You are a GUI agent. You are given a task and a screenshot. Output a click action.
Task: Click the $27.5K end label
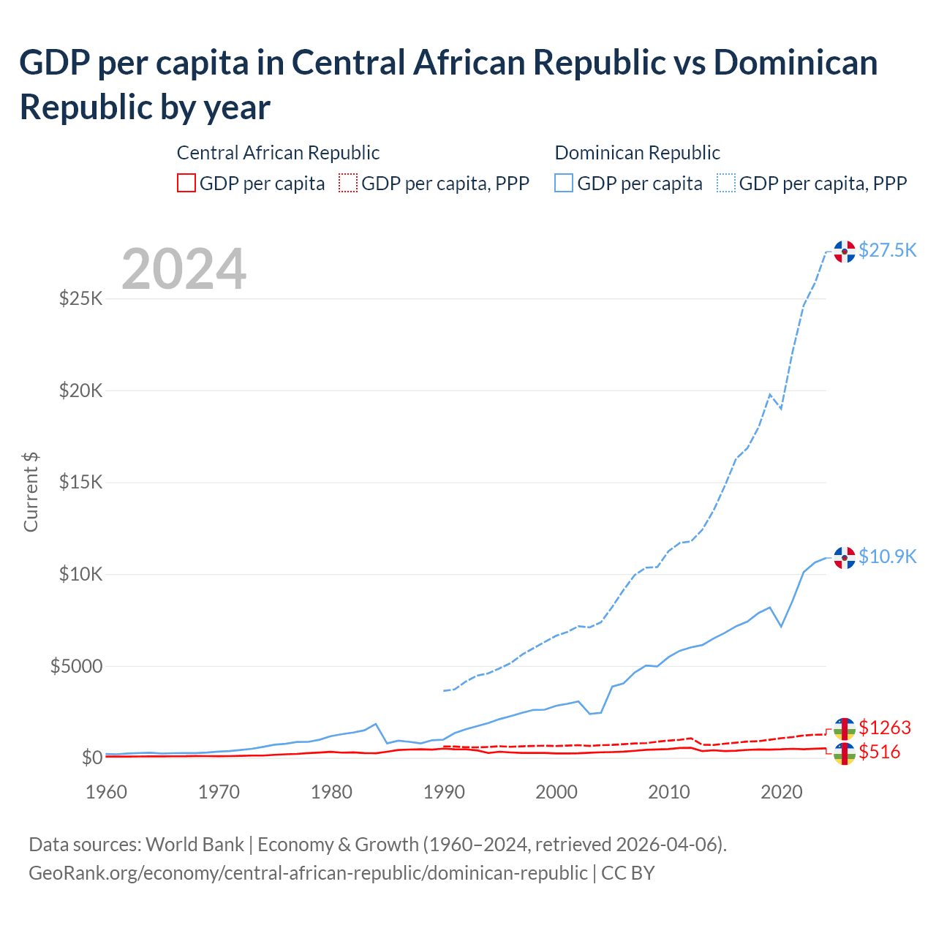pos(887,251)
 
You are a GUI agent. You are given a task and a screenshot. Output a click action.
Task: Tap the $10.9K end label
pos(887,557)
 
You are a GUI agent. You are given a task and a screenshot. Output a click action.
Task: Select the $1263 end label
pos(885,728)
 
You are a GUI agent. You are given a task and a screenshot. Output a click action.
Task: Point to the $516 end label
pos(880,752)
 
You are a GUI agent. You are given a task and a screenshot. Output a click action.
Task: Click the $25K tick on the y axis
pos(80,299)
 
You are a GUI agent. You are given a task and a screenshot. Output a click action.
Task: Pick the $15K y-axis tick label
pos(80,483)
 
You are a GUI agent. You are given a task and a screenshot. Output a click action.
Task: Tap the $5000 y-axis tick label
pos(76,667)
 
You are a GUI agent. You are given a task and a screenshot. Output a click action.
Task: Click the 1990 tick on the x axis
pos(444,792)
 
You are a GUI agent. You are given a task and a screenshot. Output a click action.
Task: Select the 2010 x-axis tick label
pos(669,792)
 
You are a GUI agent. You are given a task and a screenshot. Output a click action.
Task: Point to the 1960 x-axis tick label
pos(107,792)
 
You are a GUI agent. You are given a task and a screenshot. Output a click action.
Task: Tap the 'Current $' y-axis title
pos(31,491)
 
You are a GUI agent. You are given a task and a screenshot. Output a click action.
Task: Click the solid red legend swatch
pos(186,183)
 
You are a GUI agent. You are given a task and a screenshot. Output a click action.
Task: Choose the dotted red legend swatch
pos(348,183)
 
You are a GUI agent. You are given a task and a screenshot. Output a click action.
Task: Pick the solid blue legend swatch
pos(564,183)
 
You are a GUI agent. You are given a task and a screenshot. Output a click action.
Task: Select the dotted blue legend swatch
pos(726,183)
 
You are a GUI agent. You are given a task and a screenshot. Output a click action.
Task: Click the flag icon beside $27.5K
pos(845,252)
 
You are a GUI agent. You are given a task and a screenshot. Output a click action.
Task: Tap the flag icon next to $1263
pos(845,728)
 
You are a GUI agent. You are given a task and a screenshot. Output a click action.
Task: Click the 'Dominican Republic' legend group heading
pos(637,153)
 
